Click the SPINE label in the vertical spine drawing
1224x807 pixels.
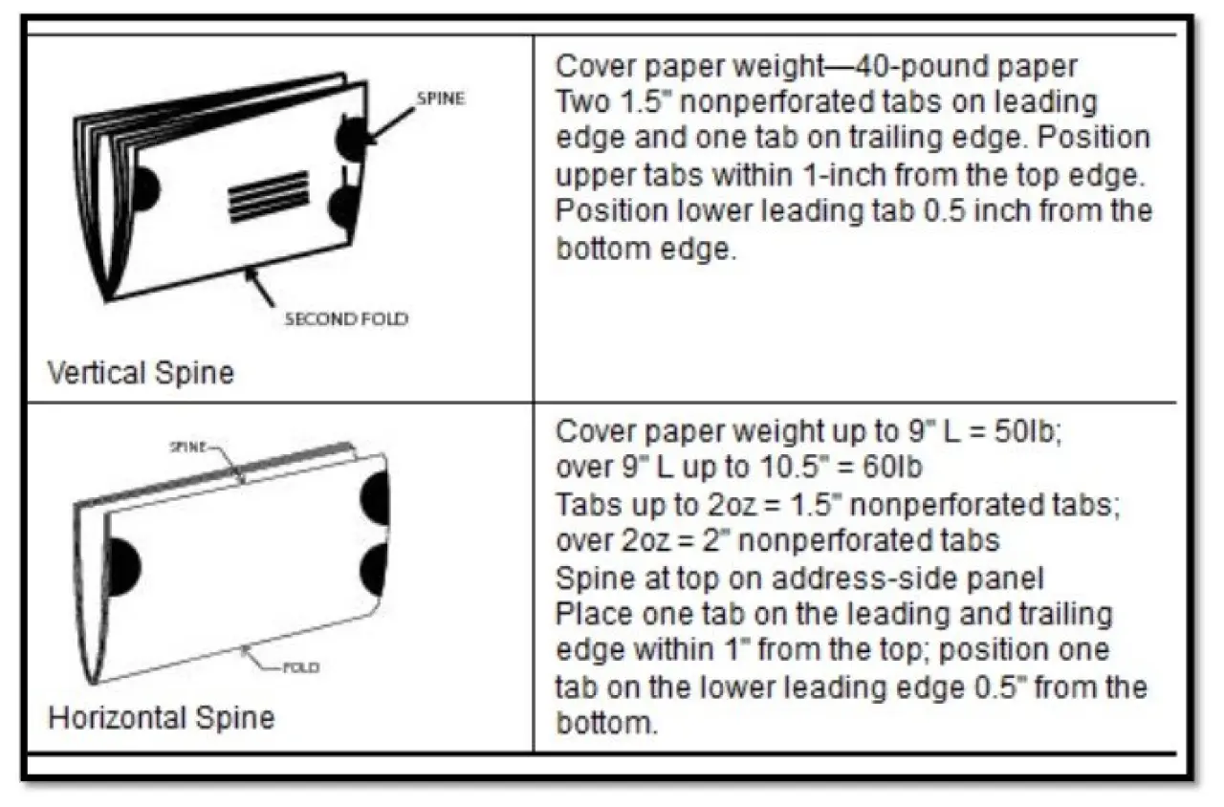pyautogui.click(x=441, y=98)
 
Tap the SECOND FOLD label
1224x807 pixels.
pyautogui.click(x=346, y=319)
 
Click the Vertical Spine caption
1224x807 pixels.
pyautogui.click(x=141, y=373)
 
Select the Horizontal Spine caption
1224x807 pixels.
pyautogui.click(x=162, y=717)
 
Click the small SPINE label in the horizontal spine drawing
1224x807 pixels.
pyautogui.click(x=187, y=447)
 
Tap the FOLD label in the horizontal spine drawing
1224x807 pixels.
pyautogui.click(x=301, y=667)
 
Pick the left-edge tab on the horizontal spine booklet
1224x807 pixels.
pyautogui.click(x=124, y=567)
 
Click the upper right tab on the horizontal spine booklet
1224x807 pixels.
pyautogui.click(x=376, y=498)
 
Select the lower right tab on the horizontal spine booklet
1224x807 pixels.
pyautogui.click(x=376, y=571)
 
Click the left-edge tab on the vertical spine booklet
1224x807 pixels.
pyautogui.click(x=145, y=188)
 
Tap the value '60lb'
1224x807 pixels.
pyautogui.click(x=892, y=468)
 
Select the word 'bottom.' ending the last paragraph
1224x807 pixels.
pyautogui.click(x=607, y=723)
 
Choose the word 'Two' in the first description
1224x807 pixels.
pyautogui.click(x=582, y=102)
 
